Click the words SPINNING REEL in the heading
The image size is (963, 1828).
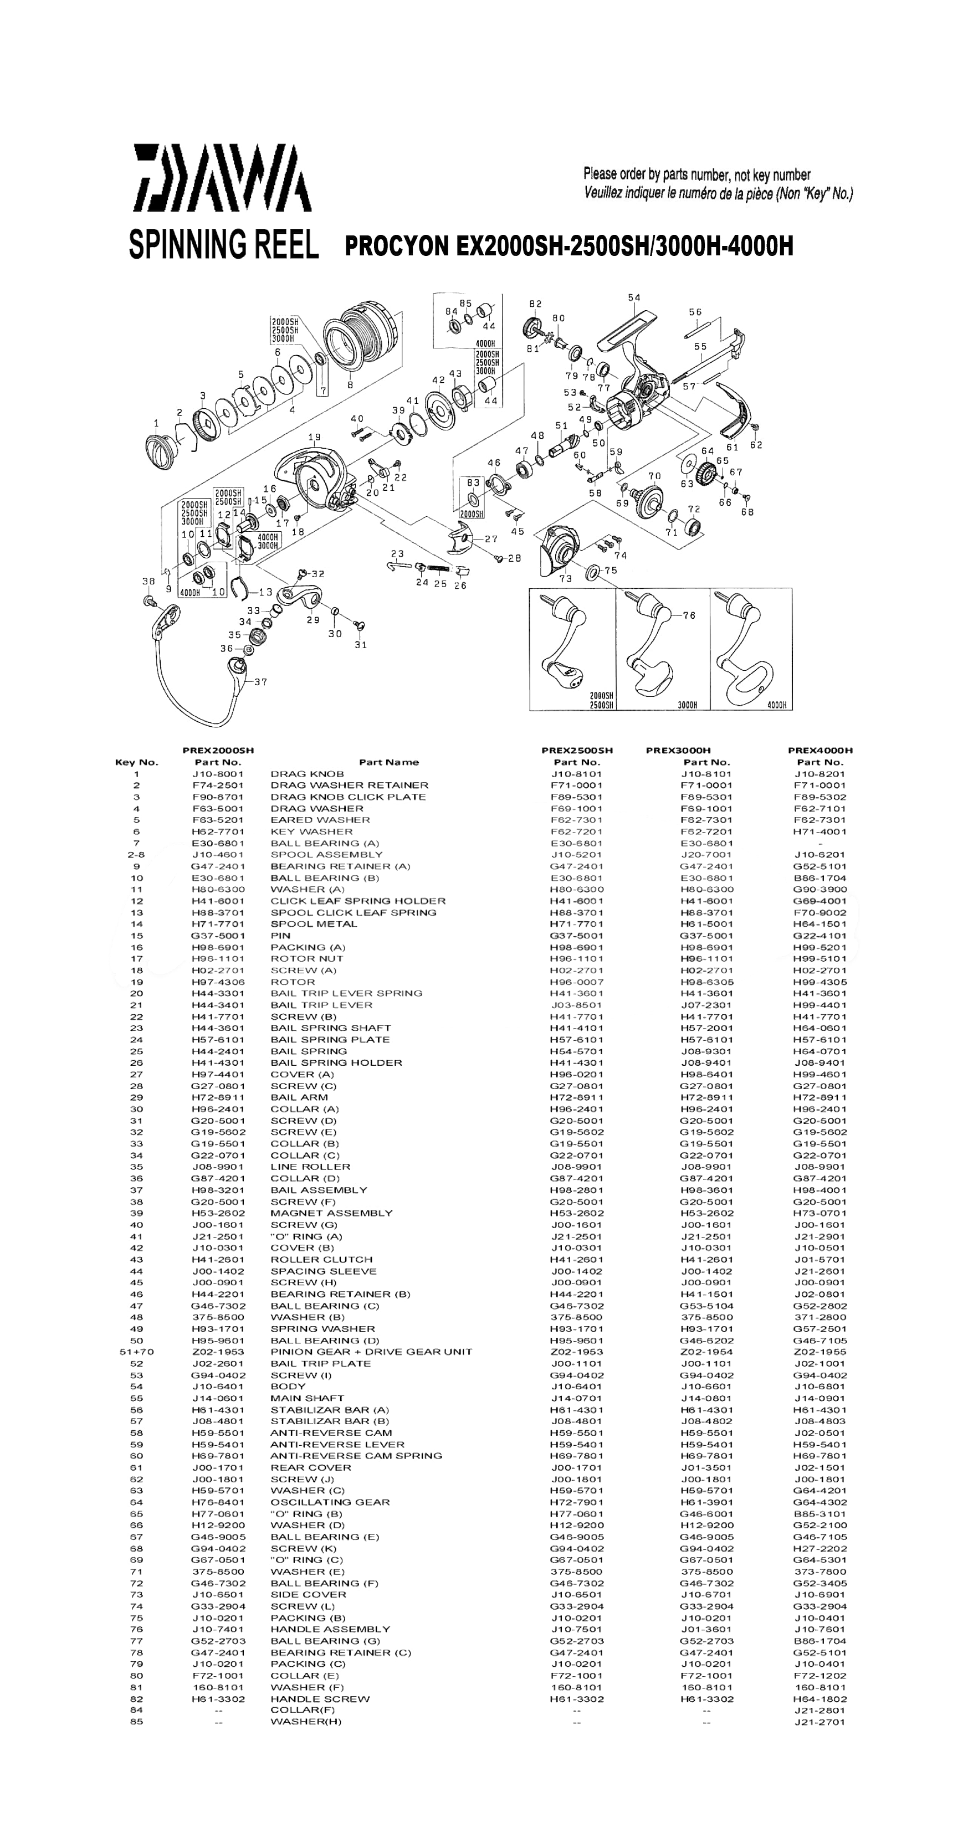click(x=223, y=244)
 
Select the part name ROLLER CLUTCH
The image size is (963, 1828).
click(x=321, y=1260)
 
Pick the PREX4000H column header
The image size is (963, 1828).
click(x=819, y=750)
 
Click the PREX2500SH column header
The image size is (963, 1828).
click(x=576, y=750)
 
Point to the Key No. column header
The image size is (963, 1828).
click(x=136, y=762)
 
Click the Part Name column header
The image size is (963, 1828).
click(x=388, y=762)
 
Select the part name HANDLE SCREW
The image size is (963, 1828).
click(x=319, y=1699)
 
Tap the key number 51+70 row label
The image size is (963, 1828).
click(x=136, y=1352)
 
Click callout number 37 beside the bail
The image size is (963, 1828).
click(x=260, y=682)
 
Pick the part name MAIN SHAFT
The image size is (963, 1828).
click(x=306, y=1398)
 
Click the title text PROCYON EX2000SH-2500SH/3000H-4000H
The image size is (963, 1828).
click(x=568, y=247)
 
